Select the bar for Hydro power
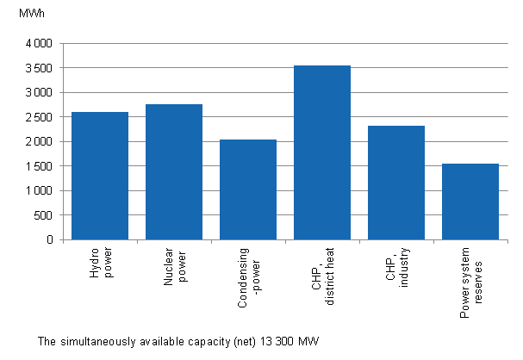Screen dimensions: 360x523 (100, 176)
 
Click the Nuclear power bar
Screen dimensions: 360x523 (174, 171)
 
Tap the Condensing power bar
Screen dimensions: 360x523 (248, 189)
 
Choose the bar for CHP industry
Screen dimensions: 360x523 (396, 183)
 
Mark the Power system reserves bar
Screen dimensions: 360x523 (470, 202)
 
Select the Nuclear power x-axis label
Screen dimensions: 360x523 (174, 269)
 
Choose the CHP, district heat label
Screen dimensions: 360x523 (322, 276)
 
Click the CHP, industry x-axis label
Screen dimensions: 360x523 (396, 269)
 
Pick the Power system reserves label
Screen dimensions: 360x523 (470, 283)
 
